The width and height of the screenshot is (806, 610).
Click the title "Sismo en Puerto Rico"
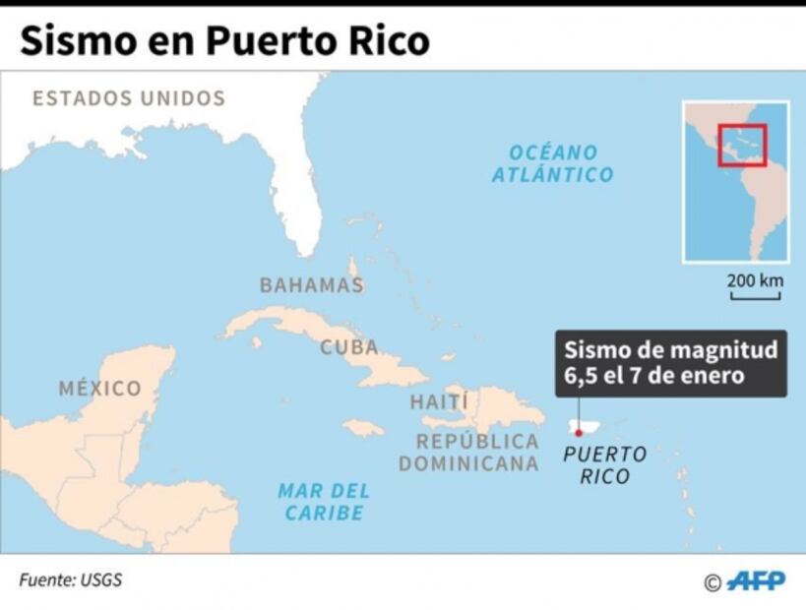click(x=224, y=40)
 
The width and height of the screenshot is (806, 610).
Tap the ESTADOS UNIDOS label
click(x=129, y=98)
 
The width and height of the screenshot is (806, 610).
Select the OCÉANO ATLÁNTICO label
click(x=552, y=163)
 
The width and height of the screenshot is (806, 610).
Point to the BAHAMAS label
click(x=311, y=285)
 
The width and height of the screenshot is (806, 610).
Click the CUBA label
click(x=348, y=347)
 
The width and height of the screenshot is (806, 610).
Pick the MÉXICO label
click(x=99, y=389)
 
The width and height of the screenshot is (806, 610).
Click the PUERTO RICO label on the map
click(x=604, y=465)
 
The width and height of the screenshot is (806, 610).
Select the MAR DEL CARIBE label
click(x=324, y=501)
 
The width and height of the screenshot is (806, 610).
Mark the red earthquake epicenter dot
click(x=579, y=431)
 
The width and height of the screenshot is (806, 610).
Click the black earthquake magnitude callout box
click(x=670, y=362)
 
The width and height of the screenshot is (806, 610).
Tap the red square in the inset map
click(x=741, y=144)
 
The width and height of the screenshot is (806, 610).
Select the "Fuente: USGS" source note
click(x=71, y=579)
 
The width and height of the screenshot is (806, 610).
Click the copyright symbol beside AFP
click(x=713, y=582)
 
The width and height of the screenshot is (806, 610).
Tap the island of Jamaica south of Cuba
click(x=363, y=428)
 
